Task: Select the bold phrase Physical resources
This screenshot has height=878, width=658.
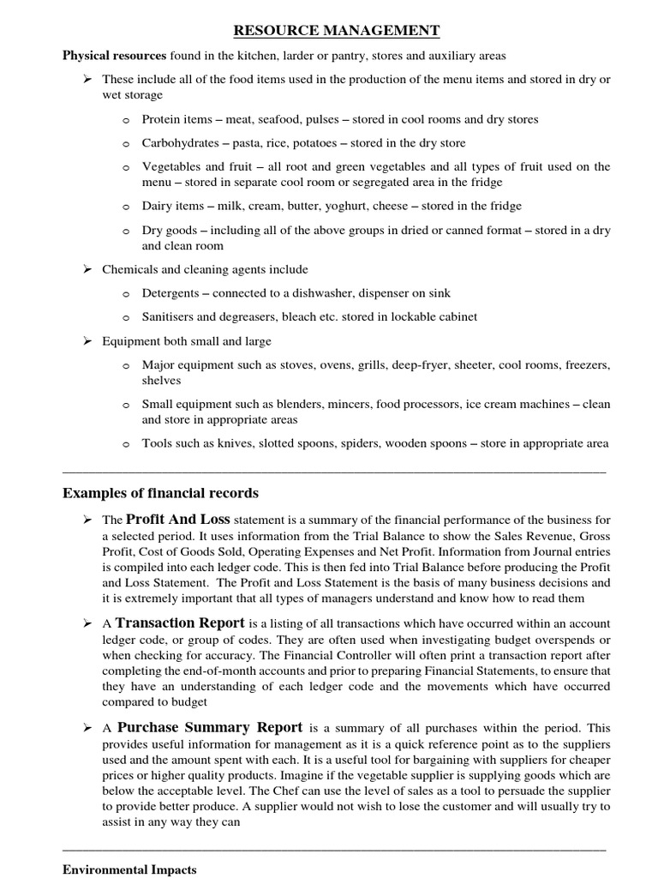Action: click(114, 56)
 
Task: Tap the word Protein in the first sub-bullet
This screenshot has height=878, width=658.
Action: click(161, 119)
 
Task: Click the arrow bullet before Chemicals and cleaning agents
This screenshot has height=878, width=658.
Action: click(87, 269)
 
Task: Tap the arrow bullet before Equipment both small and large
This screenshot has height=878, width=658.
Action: click(87, 340)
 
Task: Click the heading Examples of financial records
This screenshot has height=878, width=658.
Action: click(161, 493)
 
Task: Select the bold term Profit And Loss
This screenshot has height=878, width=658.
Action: click(178, 520)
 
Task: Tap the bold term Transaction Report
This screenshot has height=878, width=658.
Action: click(180, 622)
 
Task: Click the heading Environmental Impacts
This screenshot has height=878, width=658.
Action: click(129, 869)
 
